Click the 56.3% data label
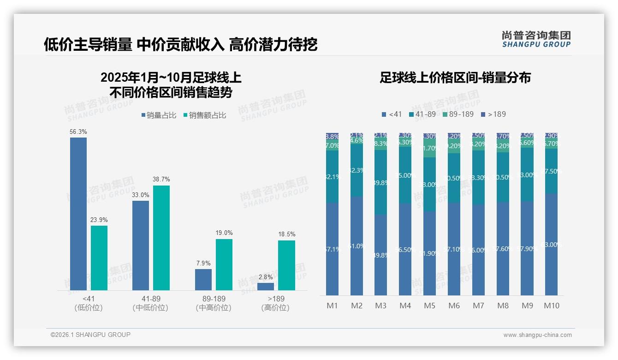coord(78,132)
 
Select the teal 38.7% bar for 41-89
coord(161,238)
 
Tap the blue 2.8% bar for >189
coord(266,287)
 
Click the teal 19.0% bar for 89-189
coord(224,264)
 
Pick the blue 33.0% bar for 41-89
coord(141,245)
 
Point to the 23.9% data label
coord(99,220)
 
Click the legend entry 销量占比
coord(159,115)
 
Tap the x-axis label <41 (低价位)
coord(89,303)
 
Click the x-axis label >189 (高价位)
coord(275,303)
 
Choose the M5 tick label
coord(430,306)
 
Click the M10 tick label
coord(552,306)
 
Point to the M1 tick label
coord(333,306)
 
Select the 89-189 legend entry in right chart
coord(458,114)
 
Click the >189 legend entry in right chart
coord(493,114)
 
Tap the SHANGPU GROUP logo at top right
coord(536,39)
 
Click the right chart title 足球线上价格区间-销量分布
coord(455,78)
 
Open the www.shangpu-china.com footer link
coord(537,335)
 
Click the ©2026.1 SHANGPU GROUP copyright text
coord(90,335)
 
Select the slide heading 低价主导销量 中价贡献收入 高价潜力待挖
coord(180,45)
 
